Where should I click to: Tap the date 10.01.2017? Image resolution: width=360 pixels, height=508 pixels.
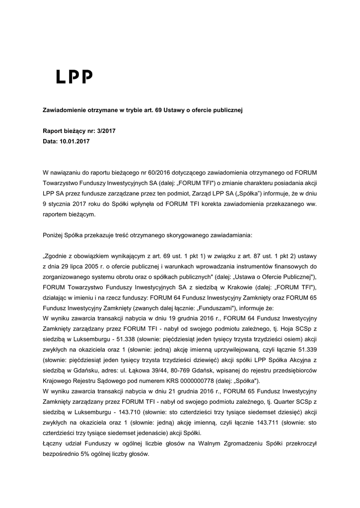[75, 141]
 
